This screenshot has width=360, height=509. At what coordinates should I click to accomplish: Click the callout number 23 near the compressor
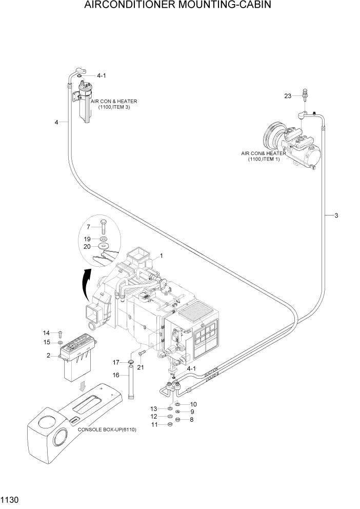tap(287, 95)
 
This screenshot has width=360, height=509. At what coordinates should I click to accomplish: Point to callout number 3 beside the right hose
tap(336, 216)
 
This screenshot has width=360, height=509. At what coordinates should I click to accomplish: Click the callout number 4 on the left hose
tap(56, 122)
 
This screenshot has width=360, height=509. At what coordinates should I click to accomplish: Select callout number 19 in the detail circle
tap(88, 239)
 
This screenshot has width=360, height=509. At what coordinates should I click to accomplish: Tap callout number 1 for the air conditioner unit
tap(161, 255)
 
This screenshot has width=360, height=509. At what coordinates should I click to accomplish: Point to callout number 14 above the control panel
tap(46, 333)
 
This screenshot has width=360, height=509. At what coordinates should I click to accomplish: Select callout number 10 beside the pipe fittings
tap(193, 404)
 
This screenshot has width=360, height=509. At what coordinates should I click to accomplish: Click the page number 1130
tap(10, 499)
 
